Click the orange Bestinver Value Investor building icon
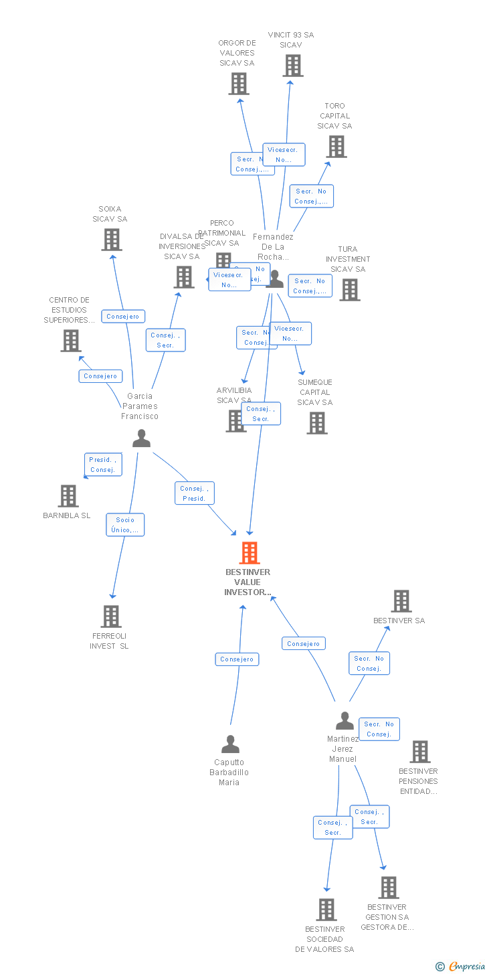[x=250, y=553]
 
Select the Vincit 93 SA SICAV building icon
[x=292, y=66]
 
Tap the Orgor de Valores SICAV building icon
[x=239, y=84]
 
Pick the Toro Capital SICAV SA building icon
[x=336, y=147]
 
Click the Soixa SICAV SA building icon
[x=112, y=239]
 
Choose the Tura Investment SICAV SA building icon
[x=349, y=290]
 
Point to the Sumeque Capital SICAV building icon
[x=317, y=422]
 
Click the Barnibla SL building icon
[x=68, y=496]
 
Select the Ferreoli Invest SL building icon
[x=111, y=617]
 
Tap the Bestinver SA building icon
[x=401, y=601]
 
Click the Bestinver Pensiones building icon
[x=419, y=752]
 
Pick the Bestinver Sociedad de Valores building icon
[x=326, y=910]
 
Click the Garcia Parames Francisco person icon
[x=141, y=438]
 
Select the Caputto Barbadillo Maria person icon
[x=230, y=744]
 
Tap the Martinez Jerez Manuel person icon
[x=345, y=721]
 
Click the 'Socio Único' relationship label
[x=125, y=525]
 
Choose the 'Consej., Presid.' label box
[x=195, y=493]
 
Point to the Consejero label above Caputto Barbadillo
[x=237, y=659]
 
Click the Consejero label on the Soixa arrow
[x=123, y=316]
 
